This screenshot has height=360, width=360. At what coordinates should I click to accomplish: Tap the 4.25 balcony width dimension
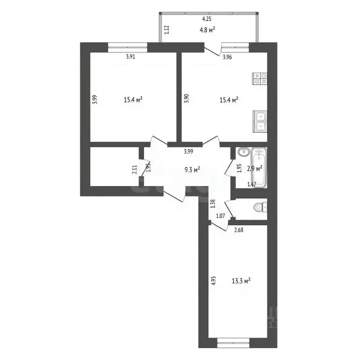click(206, 19)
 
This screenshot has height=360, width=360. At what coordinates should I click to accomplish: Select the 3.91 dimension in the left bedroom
click(130, 58)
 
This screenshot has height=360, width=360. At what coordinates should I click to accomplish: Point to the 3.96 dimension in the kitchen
click(227, 58)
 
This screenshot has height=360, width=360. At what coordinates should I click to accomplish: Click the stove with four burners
click(260, 79)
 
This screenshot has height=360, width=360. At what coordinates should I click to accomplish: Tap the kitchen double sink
click(260, 120)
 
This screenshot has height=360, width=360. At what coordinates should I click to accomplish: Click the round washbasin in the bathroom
click(243, 152)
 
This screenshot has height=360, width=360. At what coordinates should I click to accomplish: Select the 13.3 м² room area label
click(240, 280)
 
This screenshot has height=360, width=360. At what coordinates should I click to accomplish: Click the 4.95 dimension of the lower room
click(213, 280)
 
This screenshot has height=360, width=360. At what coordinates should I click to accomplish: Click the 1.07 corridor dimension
click(220, 216)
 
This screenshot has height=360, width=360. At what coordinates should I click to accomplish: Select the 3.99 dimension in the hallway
click(188, 151)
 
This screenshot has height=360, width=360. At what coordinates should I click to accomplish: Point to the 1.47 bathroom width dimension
click(252, 184)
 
